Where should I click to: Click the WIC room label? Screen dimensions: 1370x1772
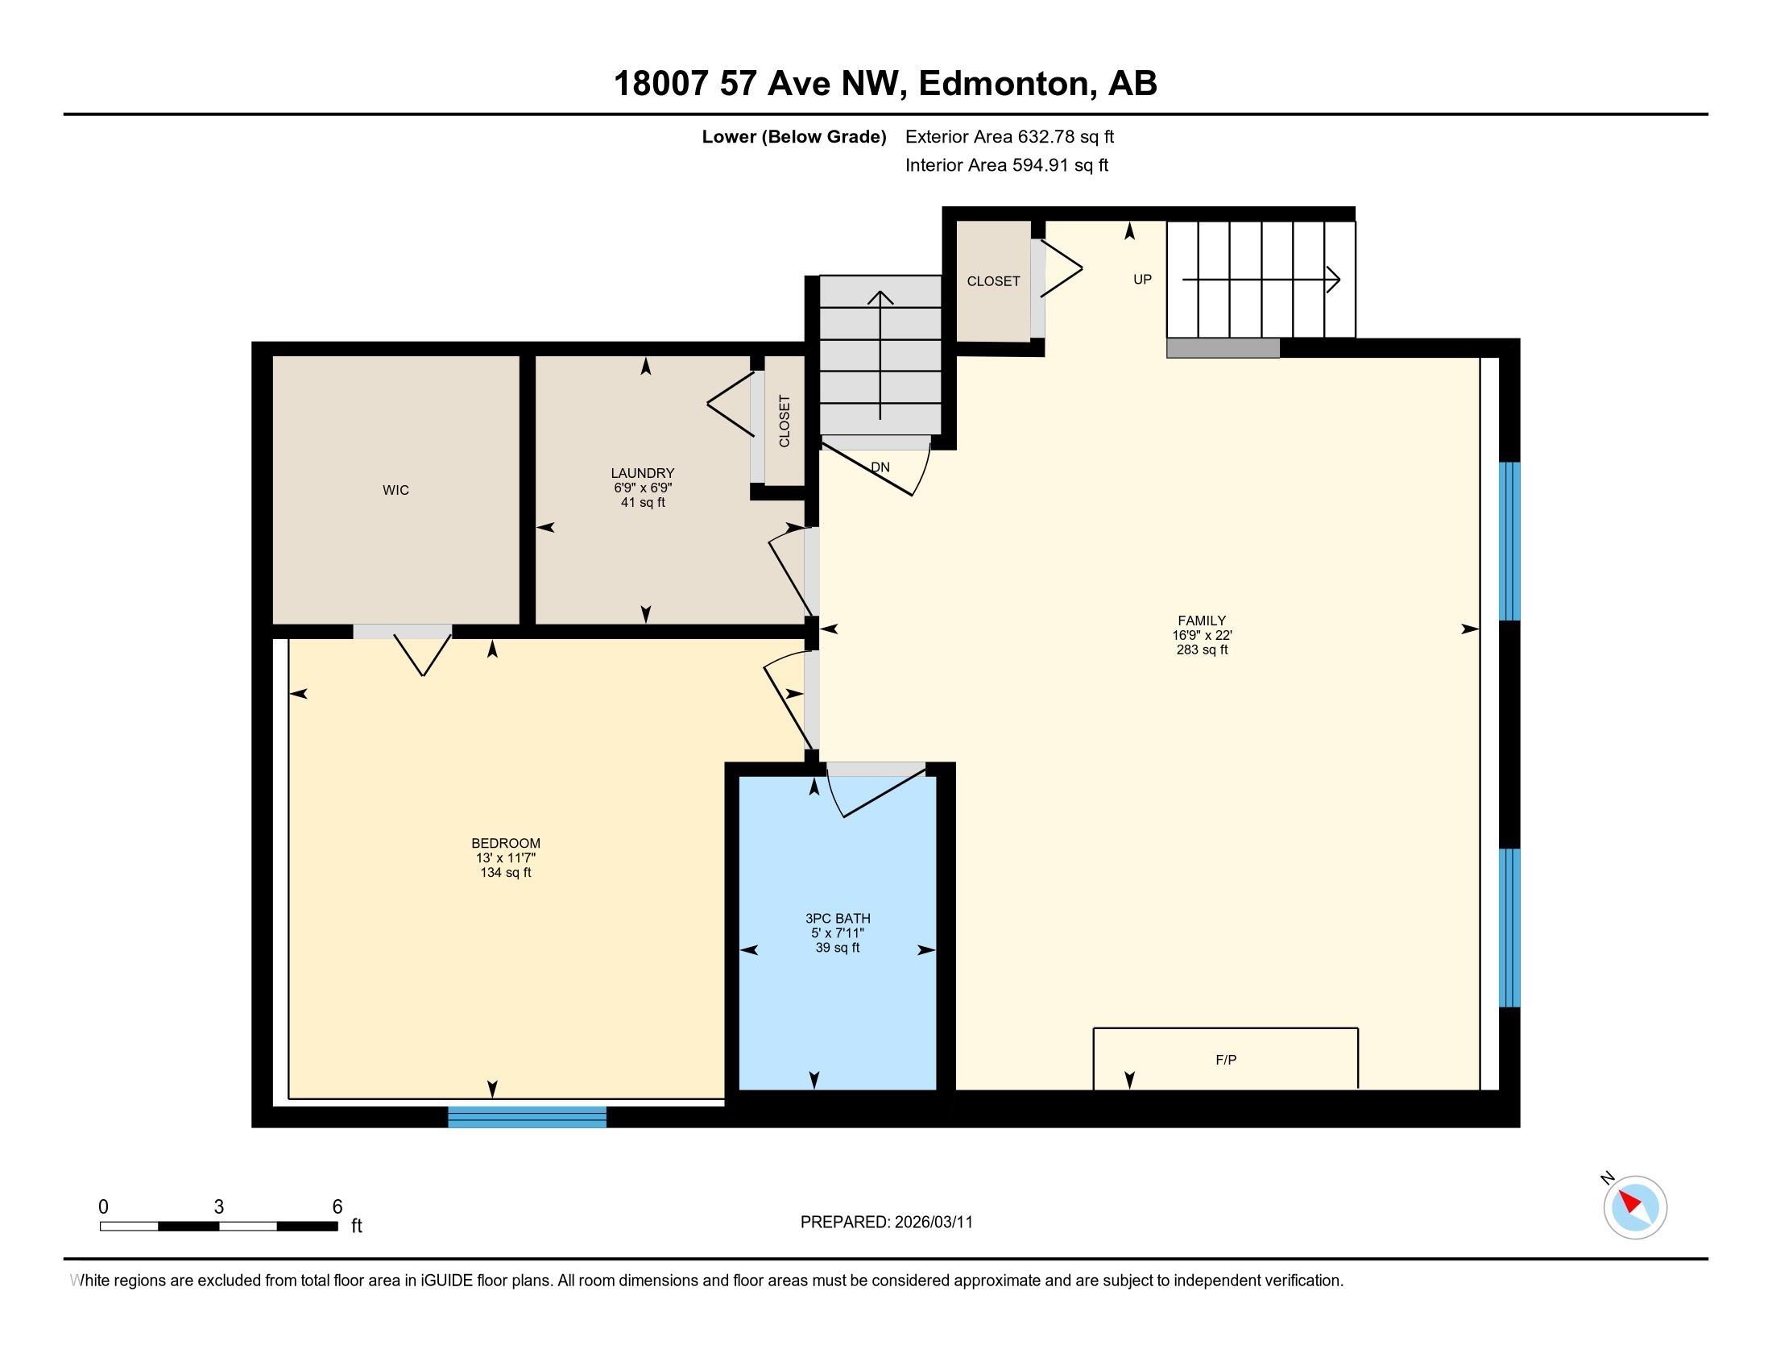pos(396,490)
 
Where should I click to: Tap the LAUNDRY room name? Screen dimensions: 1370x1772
pos(643,473)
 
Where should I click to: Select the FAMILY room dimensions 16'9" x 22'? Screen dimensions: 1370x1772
pos(1202,636)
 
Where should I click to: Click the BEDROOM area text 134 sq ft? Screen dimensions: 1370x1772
pos(506,873)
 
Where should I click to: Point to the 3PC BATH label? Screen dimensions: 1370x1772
pos(838,919)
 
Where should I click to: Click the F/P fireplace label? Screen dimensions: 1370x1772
pos(1226,1060)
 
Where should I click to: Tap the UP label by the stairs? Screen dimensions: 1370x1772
pos(1142,279)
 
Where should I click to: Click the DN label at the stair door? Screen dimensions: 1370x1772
pos(880,467)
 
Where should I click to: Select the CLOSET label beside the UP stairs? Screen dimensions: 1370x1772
pos(993,280)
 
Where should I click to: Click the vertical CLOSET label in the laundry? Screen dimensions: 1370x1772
pos(785,421)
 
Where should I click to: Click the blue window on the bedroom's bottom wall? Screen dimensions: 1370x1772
pos(528,1117)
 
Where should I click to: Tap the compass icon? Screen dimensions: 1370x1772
pos(1635,1207)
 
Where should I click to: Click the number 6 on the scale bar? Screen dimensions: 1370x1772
pos(337,1206)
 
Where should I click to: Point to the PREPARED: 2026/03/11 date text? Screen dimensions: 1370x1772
pos(886,1223)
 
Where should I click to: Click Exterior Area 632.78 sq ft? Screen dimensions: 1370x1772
pos(1009,136)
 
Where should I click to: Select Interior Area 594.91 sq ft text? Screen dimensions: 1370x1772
pos(1006,165)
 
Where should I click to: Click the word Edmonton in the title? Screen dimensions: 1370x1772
pos(1003,84)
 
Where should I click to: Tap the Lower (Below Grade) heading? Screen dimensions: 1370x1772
pos(793,136)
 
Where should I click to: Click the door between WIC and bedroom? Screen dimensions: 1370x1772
pos(403,632)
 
